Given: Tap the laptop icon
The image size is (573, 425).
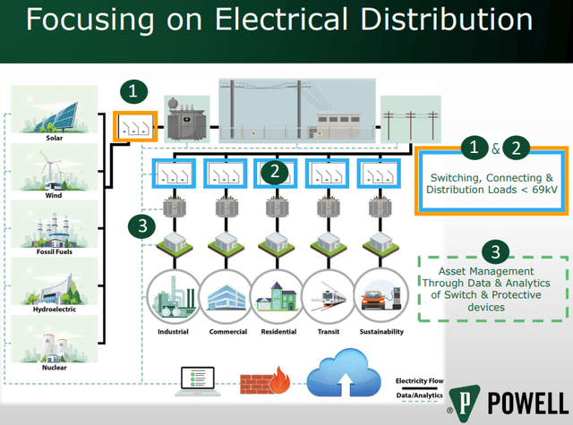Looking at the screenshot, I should (201, 381).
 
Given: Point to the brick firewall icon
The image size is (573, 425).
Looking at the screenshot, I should (265, 379).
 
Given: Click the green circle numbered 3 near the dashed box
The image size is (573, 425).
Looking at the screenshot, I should (492, 251).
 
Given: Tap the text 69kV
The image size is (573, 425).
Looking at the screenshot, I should (535, 191).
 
